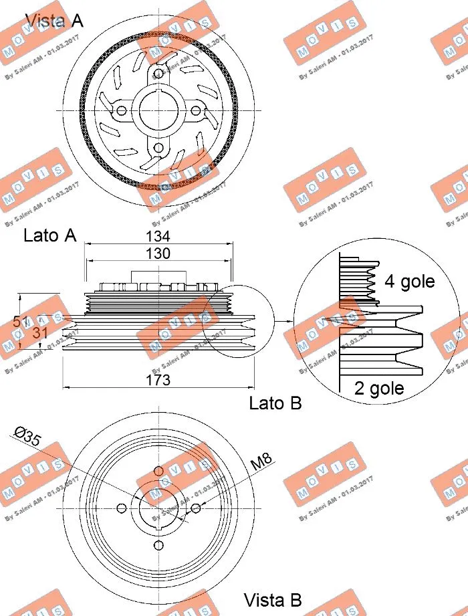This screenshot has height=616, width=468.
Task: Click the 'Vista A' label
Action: tap(54, 20)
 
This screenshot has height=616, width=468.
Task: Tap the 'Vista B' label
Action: tap(273, 599)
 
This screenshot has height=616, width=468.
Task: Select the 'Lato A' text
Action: tap(50, 235)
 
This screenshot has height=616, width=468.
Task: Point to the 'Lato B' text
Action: tap(275, 403)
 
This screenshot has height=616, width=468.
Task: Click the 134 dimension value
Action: tap(158, 236)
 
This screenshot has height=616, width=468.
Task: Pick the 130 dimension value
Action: tap(158, 253)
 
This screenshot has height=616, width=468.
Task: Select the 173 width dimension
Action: tap(158, 380)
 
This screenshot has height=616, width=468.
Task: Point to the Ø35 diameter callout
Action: tap(27, 438)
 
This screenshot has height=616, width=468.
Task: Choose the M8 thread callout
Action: tap(261, 461)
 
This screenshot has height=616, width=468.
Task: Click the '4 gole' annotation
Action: tap(409, 282)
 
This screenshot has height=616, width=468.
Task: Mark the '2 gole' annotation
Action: tap(379, 389)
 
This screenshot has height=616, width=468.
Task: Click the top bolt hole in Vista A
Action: tap(158, 74)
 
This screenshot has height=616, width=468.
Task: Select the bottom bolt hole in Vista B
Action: tap(158, 546)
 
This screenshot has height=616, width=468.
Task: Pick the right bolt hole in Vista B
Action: tap(196, 508)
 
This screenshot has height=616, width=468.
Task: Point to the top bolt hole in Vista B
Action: tap(158, 471)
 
